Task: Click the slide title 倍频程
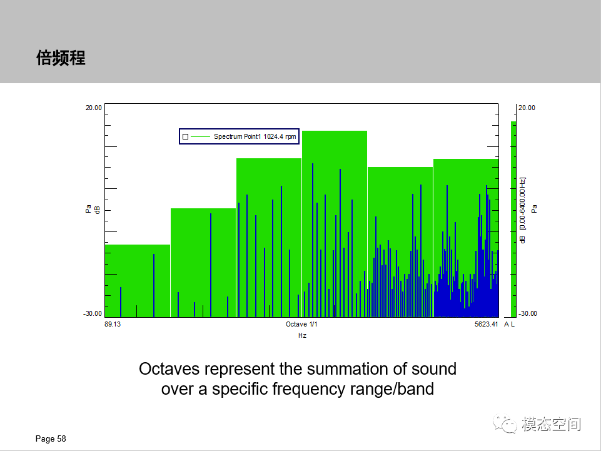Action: coord(61,58)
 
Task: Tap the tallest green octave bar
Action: coord(335,146)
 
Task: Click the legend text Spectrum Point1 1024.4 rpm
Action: coord(255,136)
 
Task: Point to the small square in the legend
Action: coord(186,136)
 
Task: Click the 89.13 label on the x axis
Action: coord(113,324)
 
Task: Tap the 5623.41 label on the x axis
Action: coord(486,324)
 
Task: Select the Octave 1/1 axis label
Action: coord(301,324)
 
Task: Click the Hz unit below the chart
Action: coord(302,335)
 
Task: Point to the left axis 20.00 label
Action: coord(94,108)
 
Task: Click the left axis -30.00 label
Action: coord(93,314)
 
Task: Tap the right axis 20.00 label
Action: coord(527,108)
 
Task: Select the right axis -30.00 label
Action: coord(527,314)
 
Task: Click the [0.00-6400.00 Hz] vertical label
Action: coord(522,204)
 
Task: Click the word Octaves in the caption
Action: coord(169,369)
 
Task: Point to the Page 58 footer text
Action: coord(51,438)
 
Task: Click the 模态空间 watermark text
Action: coord(551,424)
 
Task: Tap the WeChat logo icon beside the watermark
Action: coord(505,424)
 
